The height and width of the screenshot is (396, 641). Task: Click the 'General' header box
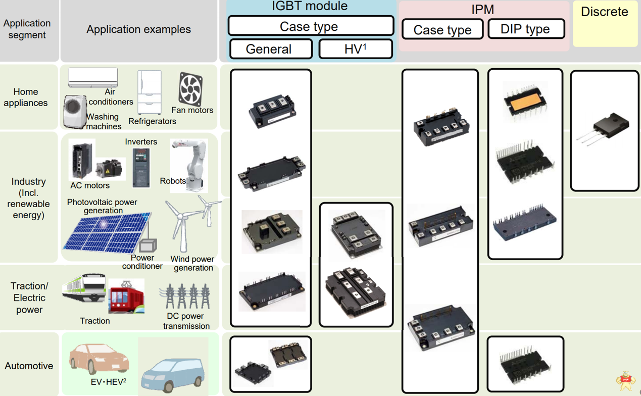[x=271, y=49]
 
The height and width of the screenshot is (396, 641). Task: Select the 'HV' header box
[x=356, y=49]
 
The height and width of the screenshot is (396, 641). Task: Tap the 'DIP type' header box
[x=525, y=29]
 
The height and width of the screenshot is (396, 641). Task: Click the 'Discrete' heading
[x=604, y=12]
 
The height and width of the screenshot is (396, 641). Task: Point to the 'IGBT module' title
[x=309, y=7]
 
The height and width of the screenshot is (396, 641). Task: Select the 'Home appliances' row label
[x=26, y=97]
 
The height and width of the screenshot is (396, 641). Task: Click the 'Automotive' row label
[x=29, y=366]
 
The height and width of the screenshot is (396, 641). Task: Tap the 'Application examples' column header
[x=138, y=29]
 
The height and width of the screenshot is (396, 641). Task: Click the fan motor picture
[x=191, y=89]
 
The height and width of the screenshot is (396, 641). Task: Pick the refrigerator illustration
[x=150, y=93]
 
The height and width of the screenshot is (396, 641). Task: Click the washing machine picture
[x=74, y=112]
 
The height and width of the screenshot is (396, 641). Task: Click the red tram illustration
[x=126, y=296]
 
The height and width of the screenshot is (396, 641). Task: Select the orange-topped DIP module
[x=525, y=103]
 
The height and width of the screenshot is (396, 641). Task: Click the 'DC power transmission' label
[x=186, y=321]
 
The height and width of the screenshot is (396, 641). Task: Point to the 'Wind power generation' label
[x=192, y=263]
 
